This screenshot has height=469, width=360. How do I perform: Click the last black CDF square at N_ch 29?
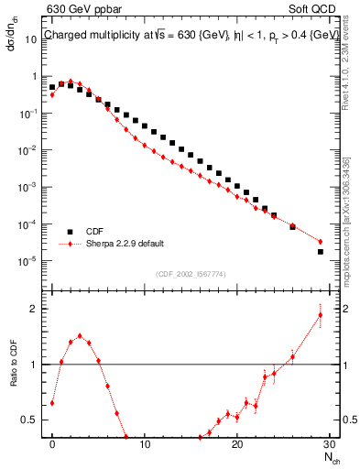(x=320, y=251)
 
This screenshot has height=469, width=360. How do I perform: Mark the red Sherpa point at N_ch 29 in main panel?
(x=320, y=242)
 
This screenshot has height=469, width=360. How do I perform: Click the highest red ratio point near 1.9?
(x=320, y=315)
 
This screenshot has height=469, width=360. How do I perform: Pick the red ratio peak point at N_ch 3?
(x=81, y=336)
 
